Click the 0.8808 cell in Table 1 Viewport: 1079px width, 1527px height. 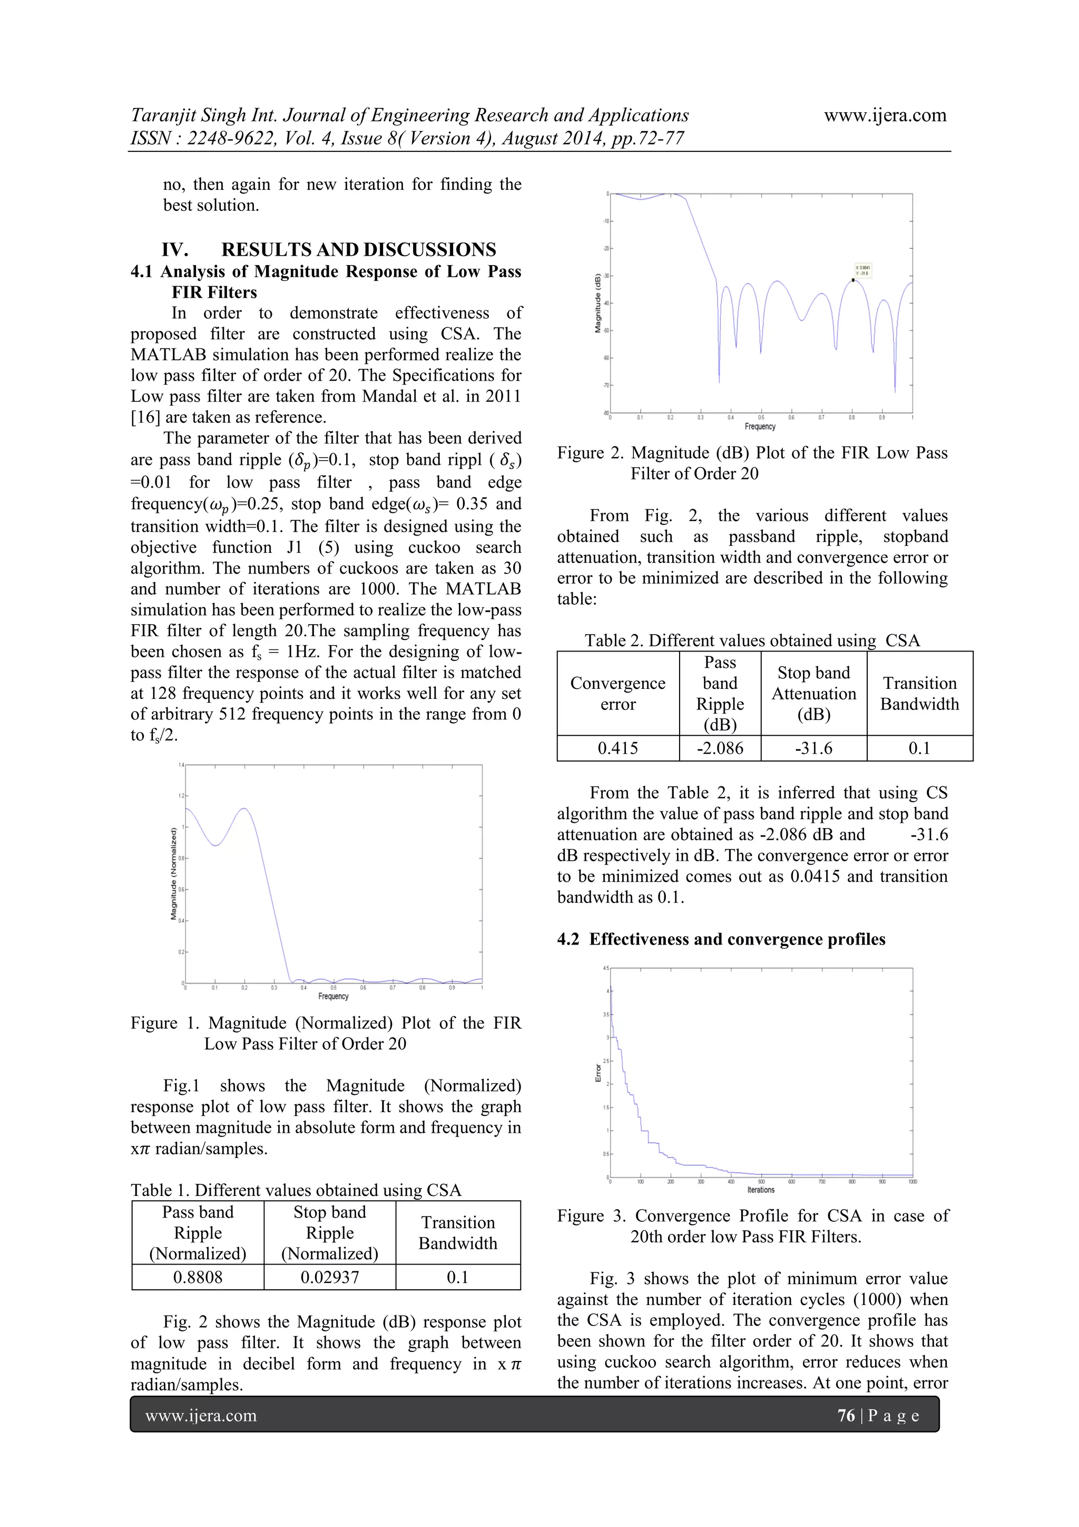coord(198,1277)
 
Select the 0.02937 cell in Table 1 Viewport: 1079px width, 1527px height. coord(330,1277)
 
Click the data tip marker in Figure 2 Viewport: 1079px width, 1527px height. coord(853,280)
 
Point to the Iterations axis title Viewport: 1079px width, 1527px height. coord(761,1190)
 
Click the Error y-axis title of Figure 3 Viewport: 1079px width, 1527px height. coord(597,1072)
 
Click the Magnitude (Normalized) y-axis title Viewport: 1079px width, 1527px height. coord(173,873)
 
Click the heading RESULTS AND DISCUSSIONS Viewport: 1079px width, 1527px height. coord(358,249)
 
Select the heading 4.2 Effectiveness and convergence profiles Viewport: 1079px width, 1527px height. coord(721,939)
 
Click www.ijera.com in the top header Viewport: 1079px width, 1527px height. coord(885,115)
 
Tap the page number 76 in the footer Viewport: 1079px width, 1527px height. coord(846,1415)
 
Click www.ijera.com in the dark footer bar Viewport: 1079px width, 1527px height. coord(201,1415)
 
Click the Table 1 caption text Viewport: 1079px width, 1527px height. coord(296,1190)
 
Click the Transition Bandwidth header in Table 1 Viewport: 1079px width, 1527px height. coord(457,1232)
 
